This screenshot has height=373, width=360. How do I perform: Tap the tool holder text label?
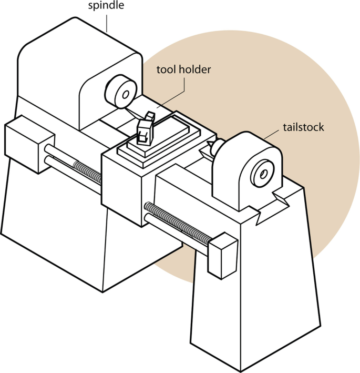pos(183,69)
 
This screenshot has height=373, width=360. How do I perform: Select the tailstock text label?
pos(303,127)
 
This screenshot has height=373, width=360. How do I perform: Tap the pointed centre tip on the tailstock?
pos(211,144)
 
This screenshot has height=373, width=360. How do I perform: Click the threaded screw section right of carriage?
pos(179,221)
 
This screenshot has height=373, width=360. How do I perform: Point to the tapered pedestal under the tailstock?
pos(252,295)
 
